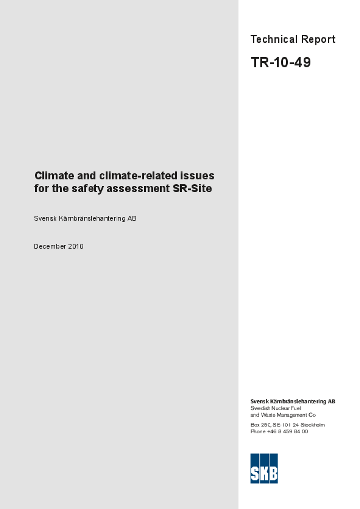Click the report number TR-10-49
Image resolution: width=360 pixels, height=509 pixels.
[280, 63]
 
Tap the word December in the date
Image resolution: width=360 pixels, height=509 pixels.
[50, 246]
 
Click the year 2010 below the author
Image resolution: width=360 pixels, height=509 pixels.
[76, 246]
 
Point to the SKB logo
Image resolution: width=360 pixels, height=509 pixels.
[264, 468]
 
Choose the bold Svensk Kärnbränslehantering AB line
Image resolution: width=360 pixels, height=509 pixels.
[292, 401]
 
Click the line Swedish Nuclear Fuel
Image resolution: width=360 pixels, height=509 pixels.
[275, 408]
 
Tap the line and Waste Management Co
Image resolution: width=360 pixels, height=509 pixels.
[283, 415]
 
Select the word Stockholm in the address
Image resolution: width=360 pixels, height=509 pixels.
[313, 425]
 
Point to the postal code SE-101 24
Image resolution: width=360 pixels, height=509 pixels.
[286, 425]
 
